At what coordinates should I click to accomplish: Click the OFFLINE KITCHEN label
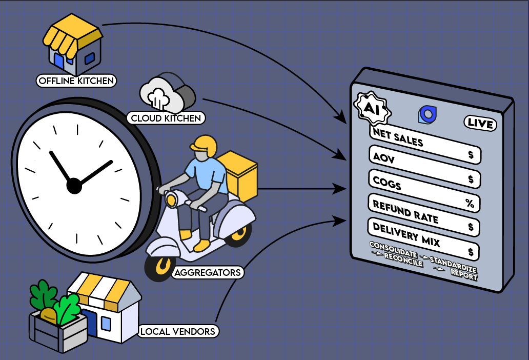click(x=75, y=81)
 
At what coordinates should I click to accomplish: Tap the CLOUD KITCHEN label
click(x=166, y=118)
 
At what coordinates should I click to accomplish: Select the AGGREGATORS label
click(x=207, y=272)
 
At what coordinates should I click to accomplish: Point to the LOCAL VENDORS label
click(x=177, y=332)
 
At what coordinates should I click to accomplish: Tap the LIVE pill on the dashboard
click(x=481, y=123)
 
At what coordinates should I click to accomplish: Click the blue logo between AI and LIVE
click(x=426, y=115)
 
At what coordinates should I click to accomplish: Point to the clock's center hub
click(x=74, y=186)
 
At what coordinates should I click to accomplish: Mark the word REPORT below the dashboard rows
click(x=464, y=275)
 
